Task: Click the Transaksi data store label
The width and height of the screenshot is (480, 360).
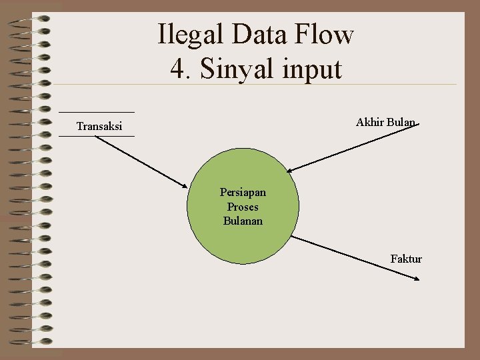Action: coord(99,126)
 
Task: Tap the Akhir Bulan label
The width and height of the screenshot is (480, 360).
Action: coord(385,122)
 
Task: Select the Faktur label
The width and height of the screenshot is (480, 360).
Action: coord(406,259)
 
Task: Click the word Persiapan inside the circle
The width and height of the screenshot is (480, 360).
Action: coord(243,193)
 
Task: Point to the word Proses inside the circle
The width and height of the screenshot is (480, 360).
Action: coord(243,207)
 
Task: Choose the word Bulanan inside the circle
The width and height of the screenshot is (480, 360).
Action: coord(243,221)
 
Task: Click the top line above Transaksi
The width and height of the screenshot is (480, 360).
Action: coord(97,111)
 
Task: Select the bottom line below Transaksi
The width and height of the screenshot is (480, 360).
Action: coord(97,136)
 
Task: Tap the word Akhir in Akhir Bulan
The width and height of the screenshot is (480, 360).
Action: coord(369,122)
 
